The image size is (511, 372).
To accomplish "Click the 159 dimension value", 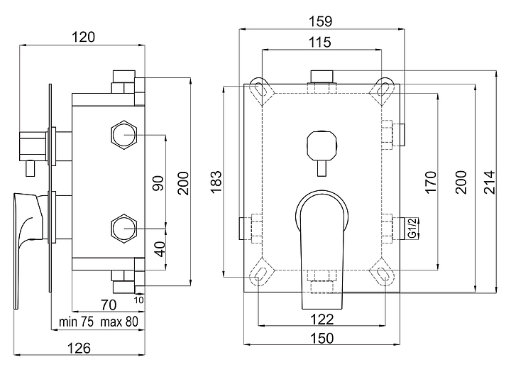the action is pyautogui.click(x=320, y=21).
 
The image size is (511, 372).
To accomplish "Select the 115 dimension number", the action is pyautogui.click(x=320, y=43).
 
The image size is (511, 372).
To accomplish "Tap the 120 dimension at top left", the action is pyautogui.click(x=84, y=37).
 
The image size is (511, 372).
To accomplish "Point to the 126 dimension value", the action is pyautogui.click(x=79, y=348).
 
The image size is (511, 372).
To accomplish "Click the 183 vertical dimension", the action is pyautogui.click(x=216, y=182).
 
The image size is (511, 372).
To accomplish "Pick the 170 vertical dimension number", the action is pyautogui.click(x=431, y=182).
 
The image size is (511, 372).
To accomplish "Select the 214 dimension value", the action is pyautogui.click(x=489, y=182).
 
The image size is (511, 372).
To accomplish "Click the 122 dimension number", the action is pyautogui.click(x=322, y=319).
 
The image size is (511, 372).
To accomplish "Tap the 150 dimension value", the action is pyautogui.click(x=322, y=338).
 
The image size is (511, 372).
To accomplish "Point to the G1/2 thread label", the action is pyautogui.click(x=412, y=228).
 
